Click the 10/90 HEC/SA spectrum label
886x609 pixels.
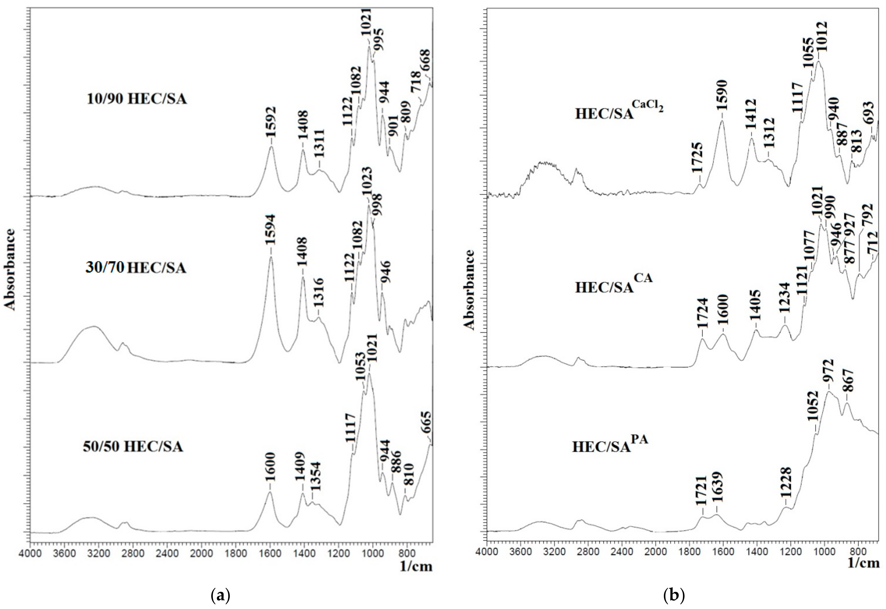coord(136,99)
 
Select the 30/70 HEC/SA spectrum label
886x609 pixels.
coord(136,268)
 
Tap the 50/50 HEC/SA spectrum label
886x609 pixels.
coord(133,447)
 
